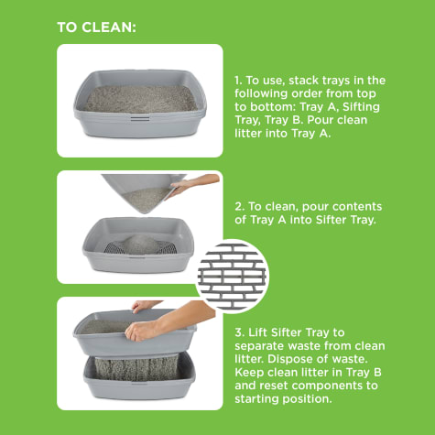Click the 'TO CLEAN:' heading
click(x=96, y=27)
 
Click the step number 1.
click(x=238, y=81)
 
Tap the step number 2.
click(x=239, y=207)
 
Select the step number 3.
click(x=239, y=332)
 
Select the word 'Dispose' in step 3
click(x=289, y=359)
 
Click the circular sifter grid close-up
click(x=232, y=277)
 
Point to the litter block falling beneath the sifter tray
click(x=136, y=368)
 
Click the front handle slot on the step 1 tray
click(x=140, y=118)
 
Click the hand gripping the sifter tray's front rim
click(x=141, y=332)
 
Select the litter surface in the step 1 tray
click(x=140, y=99)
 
